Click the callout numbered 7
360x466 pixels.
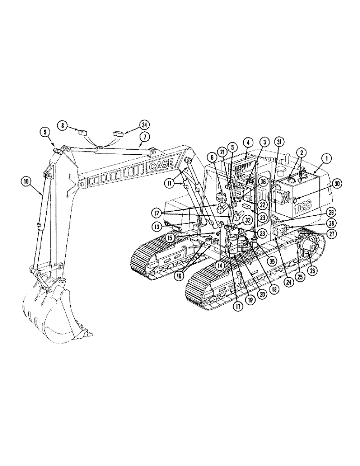pyautogui.click(x=145, y=137)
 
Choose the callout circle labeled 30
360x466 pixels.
pyautogui.click(x=337, y=183)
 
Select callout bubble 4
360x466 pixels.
pyautogui.click(x=248, y=142)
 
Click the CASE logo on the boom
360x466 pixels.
pyautogui.click(x=160, y=165)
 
